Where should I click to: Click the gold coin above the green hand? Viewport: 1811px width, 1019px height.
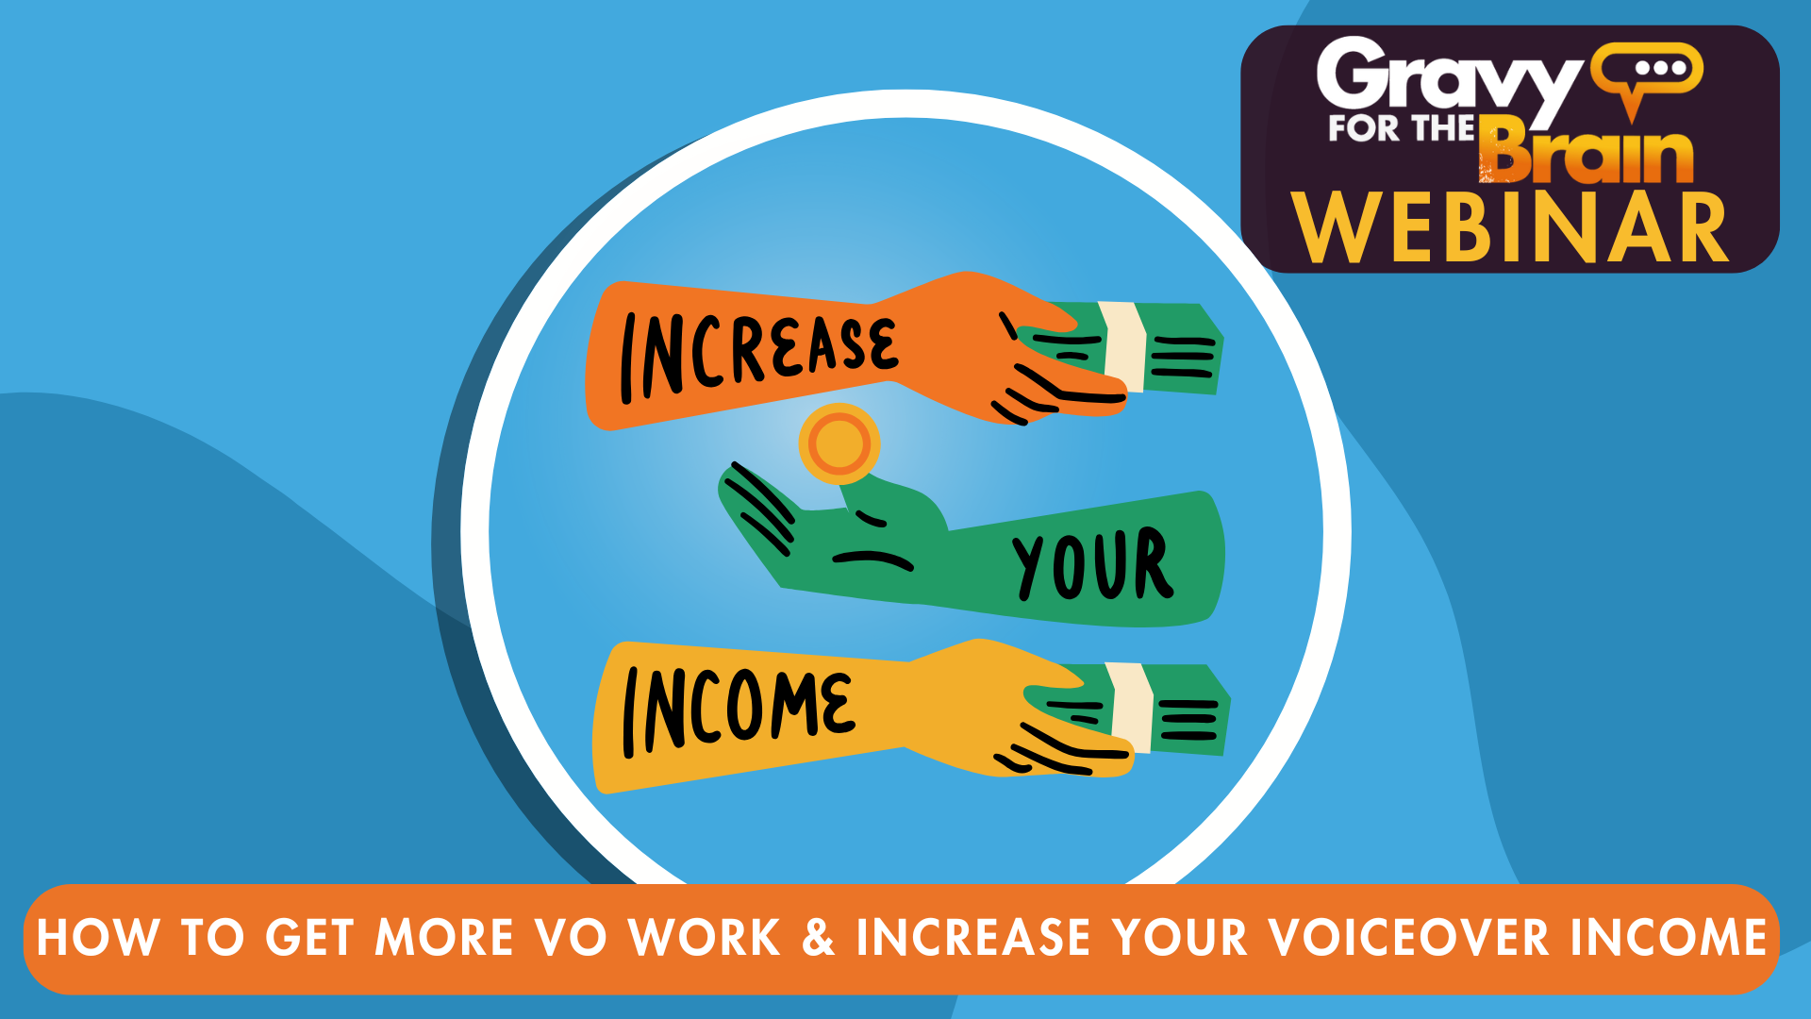coord(839,443)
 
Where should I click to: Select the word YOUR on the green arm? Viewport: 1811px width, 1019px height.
coord(1092,563)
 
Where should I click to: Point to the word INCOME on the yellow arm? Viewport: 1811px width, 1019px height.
coord(738,710)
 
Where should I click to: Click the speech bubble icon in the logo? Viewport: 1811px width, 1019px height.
coord(1647,75)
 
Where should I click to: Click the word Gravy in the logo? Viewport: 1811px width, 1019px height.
coord(1449,79)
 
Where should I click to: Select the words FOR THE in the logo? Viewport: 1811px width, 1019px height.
coord(1401,128)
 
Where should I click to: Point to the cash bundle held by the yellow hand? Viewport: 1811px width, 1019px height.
coord(1132,709)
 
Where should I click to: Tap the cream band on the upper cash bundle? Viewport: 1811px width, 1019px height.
coord(1124,346)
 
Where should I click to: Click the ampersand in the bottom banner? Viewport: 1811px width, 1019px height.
coord(818,937)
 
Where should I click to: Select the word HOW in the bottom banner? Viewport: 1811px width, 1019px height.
coord(98,938)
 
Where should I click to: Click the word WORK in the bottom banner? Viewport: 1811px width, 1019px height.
coord(705,937)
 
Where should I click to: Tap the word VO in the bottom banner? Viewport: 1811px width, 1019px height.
coord(571,937)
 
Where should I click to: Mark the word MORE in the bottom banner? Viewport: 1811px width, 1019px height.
coord(445,937)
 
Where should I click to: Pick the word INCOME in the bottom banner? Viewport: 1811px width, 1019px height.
coord(1668,937)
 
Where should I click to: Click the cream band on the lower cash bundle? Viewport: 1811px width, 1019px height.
coord(1131,708)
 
